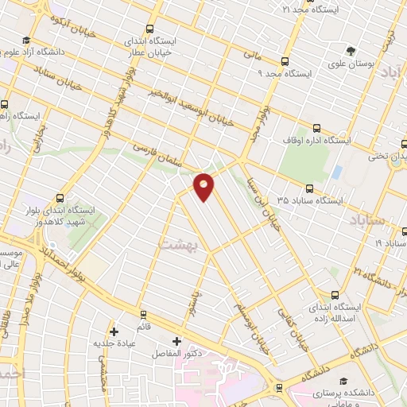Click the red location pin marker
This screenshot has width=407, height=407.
tap(204, 185)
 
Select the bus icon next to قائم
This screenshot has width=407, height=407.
tap(144, 315)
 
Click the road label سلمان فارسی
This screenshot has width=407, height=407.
tap(160, 156)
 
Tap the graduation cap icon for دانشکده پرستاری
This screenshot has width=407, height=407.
tap(343, 382)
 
